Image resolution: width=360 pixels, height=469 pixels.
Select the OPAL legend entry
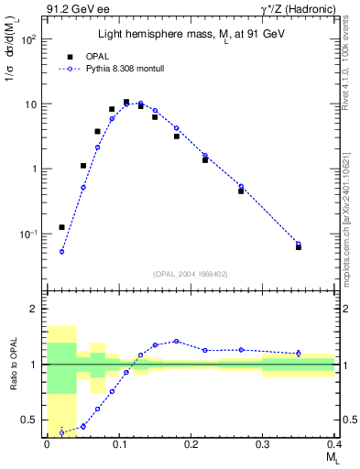(92, 55)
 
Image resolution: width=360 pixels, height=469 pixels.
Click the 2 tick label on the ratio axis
(34, 310)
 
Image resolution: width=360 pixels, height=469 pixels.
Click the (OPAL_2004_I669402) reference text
(190, 273)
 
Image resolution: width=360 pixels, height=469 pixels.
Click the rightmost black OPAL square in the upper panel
(299, 246)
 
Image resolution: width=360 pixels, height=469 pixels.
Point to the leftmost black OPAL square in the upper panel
(61, 227)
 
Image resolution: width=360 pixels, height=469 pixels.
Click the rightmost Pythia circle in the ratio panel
(299, 354)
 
